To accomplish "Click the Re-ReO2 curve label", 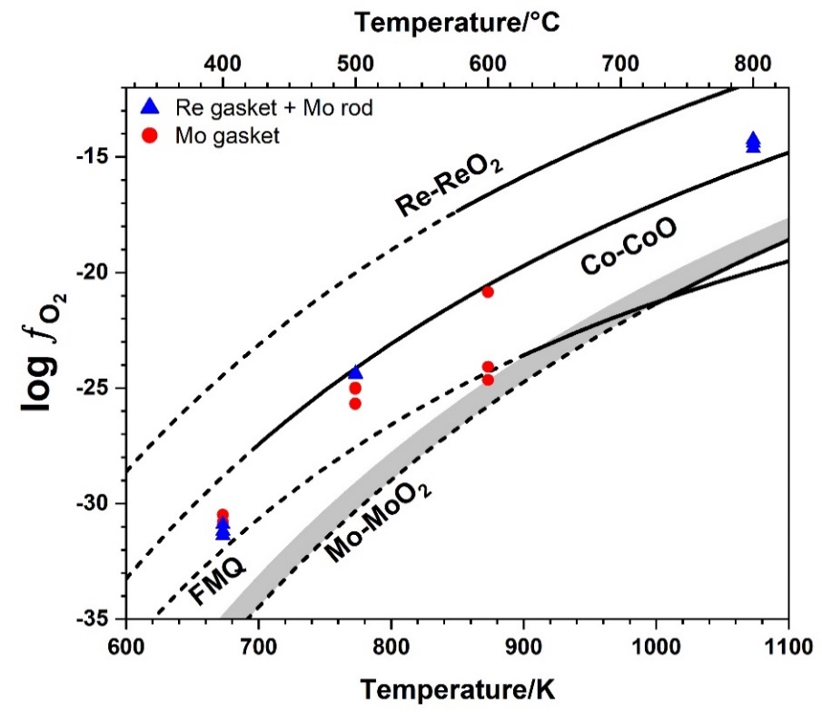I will [450, 186].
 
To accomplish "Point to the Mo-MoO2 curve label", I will [379, 521].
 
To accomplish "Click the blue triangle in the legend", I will [151, 107].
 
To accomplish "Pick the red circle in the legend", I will [151, 136].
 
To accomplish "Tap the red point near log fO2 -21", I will [488, 292].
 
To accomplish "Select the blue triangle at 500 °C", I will [355, 371].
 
